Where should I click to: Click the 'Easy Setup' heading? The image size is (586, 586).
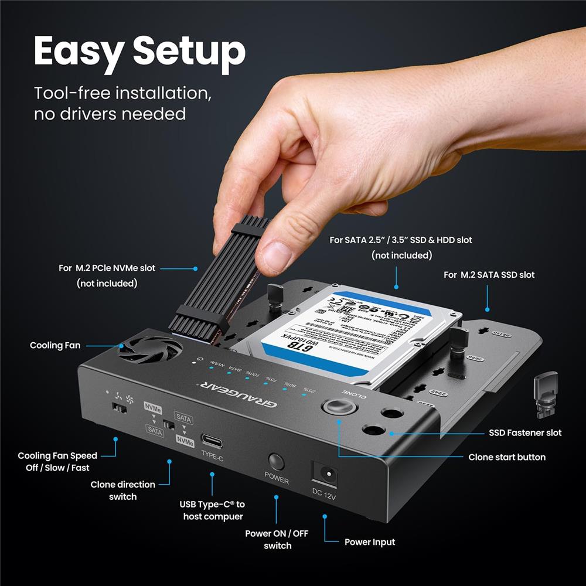tap(139, 52)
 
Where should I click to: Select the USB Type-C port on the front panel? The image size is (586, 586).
tap(212, 440)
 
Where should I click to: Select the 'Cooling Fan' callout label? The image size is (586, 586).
tap(55, 345)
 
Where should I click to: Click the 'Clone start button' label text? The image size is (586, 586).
tap(507, 457)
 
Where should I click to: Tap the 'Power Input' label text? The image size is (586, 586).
tap(369, 542)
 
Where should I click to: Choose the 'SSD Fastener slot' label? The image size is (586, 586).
tap(525, 432)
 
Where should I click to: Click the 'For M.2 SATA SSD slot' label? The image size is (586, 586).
tap(489, 274)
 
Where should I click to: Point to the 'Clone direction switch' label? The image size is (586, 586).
tap(122, 490)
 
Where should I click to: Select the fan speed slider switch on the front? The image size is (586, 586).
tap(120, 408)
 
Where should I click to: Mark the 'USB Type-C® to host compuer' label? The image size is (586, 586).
tap(212, 510)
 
